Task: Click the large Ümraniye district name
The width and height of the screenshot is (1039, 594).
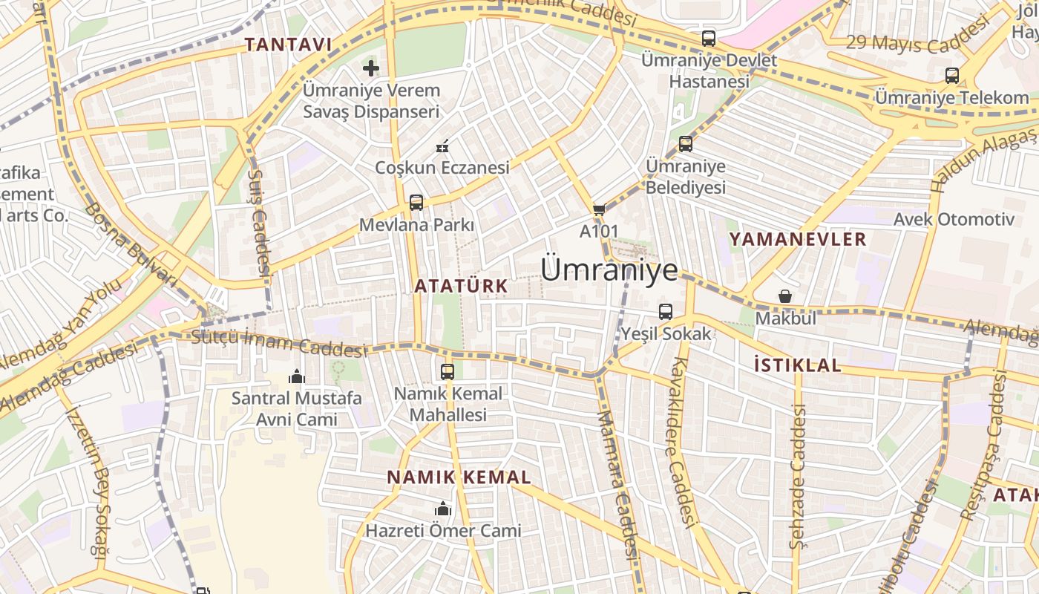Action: click(x=609, y=270)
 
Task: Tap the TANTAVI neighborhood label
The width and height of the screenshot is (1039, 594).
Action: click(x=288, y=45)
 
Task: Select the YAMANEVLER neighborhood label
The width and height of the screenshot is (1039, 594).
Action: click(x=798, y=239)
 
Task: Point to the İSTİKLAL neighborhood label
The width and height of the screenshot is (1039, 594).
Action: click(x=797, y=365)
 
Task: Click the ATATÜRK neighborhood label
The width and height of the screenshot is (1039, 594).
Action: click(x=461, y=286)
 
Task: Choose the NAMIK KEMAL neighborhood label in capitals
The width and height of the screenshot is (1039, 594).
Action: click(x=459, y=477)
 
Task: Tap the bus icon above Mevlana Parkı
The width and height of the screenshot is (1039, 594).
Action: click(x=416, y=202)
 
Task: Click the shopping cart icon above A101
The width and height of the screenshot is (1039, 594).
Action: click(x=599, y=210)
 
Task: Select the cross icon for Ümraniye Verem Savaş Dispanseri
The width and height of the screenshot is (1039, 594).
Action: click(x=371, y=69)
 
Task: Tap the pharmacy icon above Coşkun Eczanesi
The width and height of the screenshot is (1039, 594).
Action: click(x=442, y=146)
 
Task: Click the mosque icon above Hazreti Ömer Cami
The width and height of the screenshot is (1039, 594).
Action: click(x=443, y=509)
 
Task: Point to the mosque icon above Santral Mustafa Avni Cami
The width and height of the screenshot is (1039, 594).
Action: click(x=297, y=376)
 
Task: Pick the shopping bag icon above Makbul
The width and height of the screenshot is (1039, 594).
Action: click(x=785, y=296)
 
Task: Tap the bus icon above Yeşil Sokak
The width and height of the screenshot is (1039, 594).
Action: click(x=666, y=312)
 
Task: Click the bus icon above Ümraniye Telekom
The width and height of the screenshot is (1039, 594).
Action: click(x=952, y=75)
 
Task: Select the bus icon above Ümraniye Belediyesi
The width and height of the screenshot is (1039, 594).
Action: click(x=686, y=144)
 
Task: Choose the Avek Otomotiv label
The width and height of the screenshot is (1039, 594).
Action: click(x=954, y=219)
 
